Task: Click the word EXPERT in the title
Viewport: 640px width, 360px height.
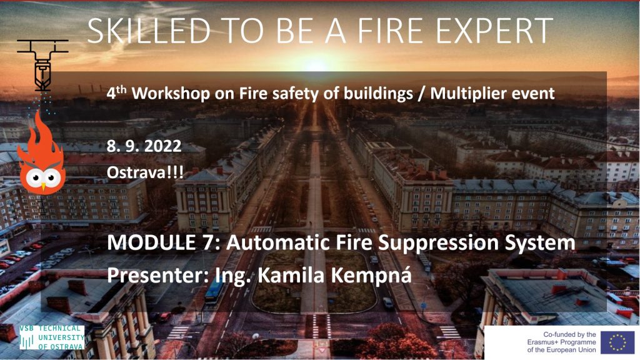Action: click(494, 31)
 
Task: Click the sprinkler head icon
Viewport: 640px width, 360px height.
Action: click(42, 65)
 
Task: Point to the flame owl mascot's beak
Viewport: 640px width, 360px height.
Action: click(43, 187)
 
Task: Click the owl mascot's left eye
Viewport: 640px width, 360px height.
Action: click(34, 177)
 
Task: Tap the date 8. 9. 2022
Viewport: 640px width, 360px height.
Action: click(144, 146)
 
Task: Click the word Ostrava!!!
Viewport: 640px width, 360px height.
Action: click(145, 172)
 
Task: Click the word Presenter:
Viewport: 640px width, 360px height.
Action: click(158, 275)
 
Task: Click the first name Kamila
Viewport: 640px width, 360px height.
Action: click(291, 275)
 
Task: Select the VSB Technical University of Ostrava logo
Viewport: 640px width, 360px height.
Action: click(52, 337)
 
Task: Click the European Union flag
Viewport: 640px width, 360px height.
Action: click(617, 342)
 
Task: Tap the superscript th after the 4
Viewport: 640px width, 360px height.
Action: click(121, 90)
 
